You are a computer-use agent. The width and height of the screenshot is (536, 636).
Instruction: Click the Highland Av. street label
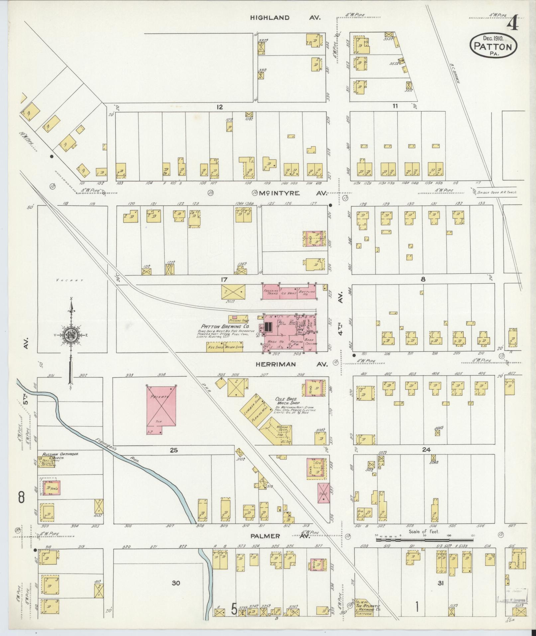tap(285, 18)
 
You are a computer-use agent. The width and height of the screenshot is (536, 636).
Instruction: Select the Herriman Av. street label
tap(291, 364)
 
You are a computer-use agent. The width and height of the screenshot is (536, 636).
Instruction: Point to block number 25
tap(174, 450)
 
